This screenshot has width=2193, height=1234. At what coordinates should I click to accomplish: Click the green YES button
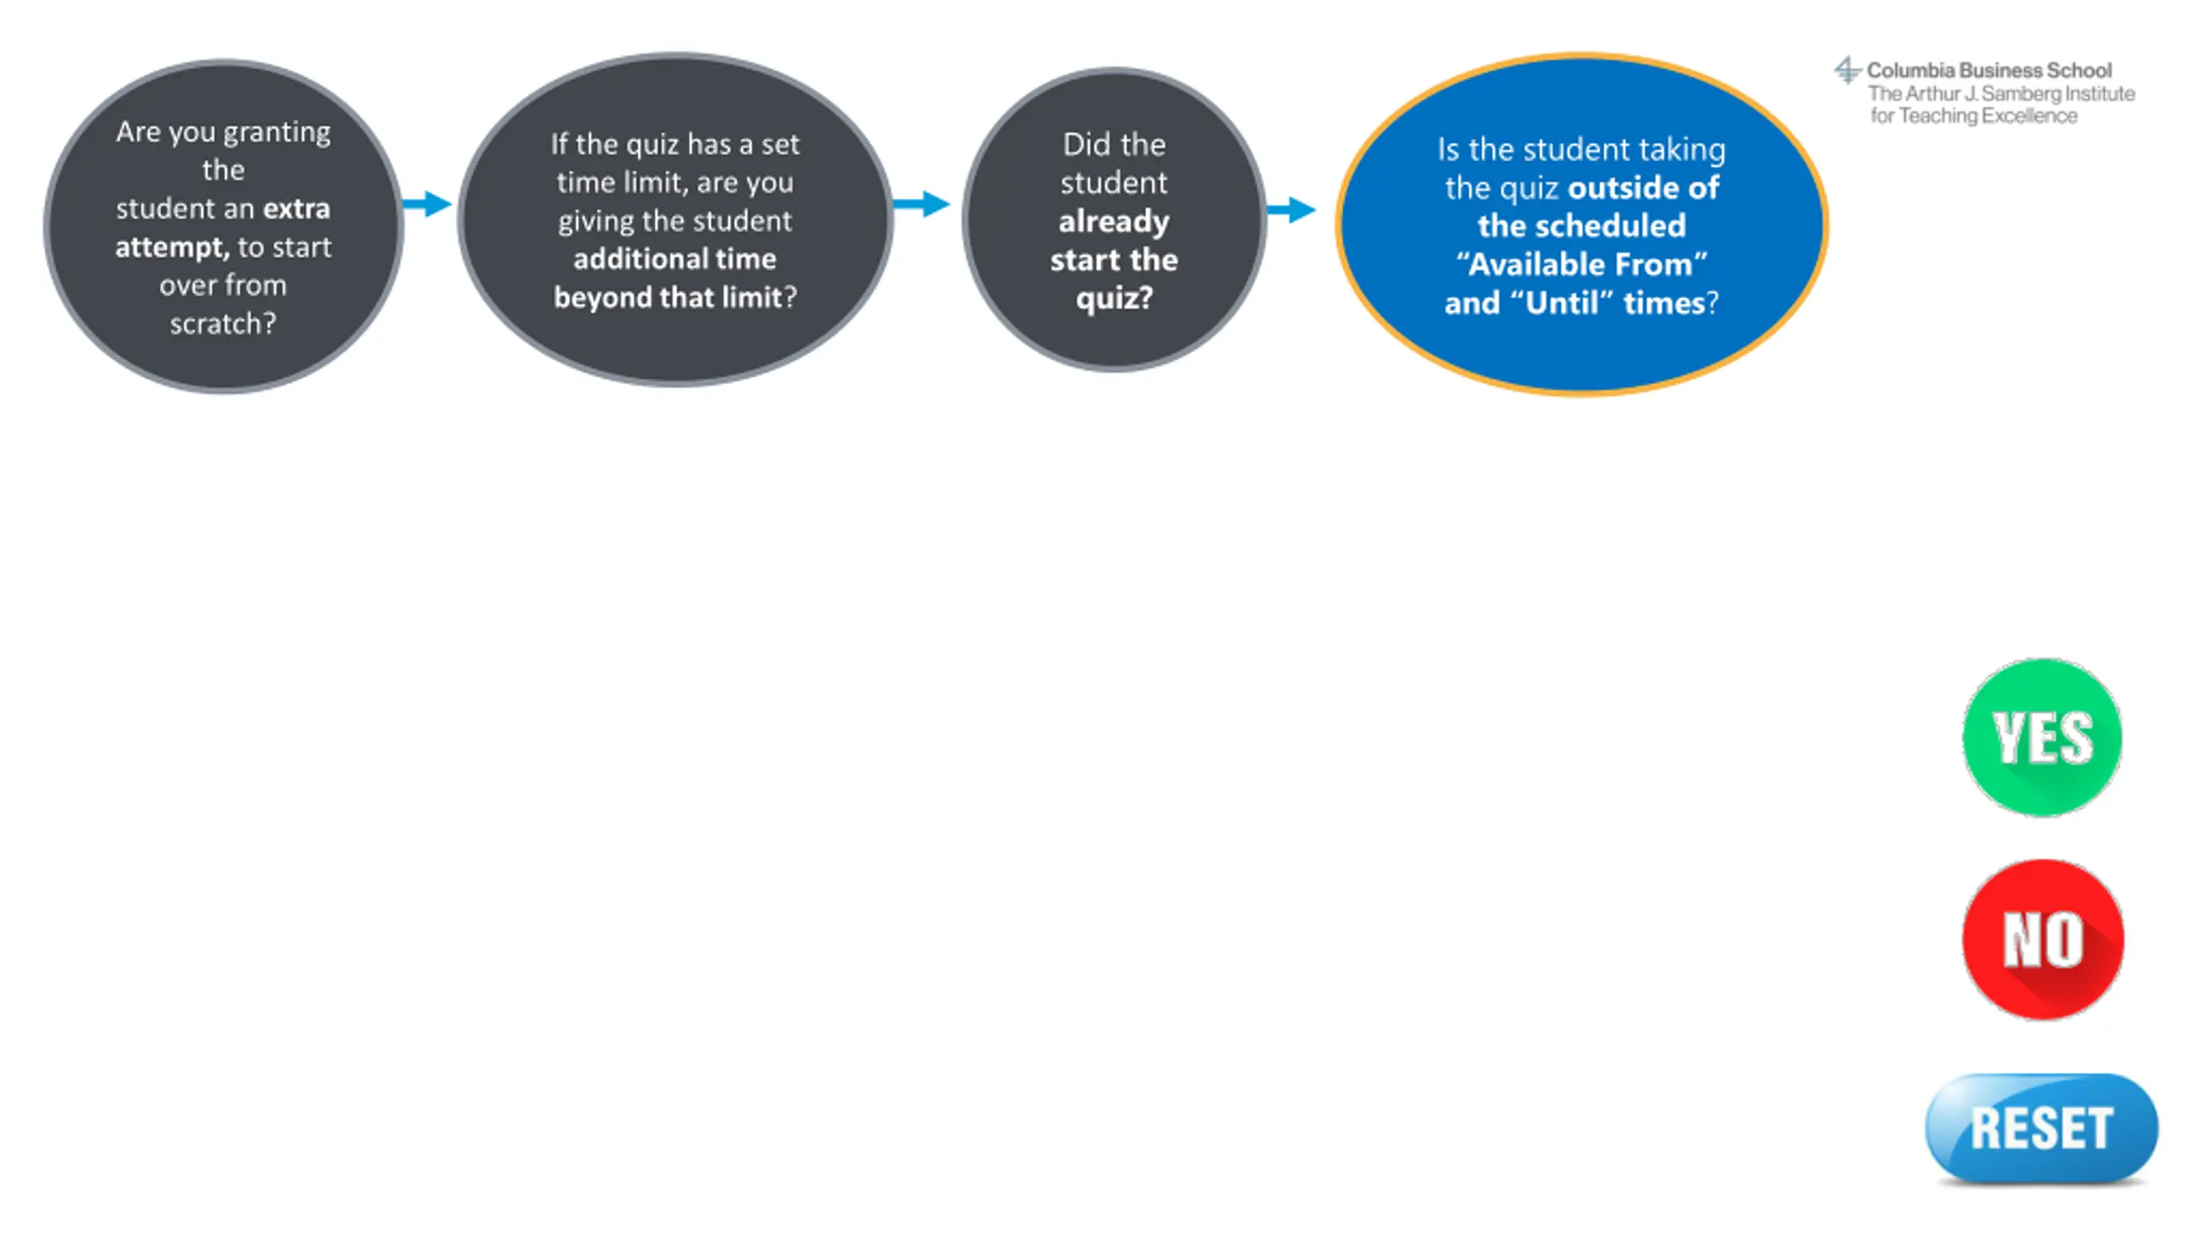(2042, 737)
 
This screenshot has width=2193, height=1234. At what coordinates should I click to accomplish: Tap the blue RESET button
(2041, 1128)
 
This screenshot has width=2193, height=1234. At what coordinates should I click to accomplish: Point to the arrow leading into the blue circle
(1291, 209)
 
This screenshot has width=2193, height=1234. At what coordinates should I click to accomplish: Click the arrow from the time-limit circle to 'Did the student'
(922, 204)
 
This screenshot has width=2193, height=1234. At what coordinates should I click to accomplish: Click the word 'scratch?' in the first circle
(223, 324)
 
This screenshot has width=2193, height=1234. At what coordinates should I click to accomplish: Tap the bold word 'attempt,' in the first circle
(171, 248)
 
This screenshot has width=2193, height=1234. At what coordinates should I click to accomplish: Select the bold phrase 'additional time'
(675, 259)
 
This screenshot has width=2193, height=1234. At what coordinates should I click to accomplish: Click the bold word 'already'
(1114, 222)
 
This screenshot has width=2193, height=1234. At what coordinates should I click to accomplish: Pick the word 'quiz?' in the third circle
(1114, 298)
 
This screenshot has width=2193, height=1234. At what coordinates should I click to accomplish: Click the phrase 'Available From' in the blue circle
(1581, 265)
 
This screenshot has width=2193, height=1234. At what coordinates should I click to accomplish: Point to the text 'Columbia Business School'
(1989, 70)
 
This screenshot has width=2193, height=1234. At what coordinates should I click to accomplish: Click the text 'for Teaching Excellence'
(1974, 116)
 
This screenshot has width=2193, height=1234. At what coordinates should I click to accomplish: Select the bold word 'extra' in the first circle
(296, 209)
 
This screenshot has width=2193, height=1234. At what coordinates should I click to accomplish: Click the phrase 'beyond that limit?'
(675, 297)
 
